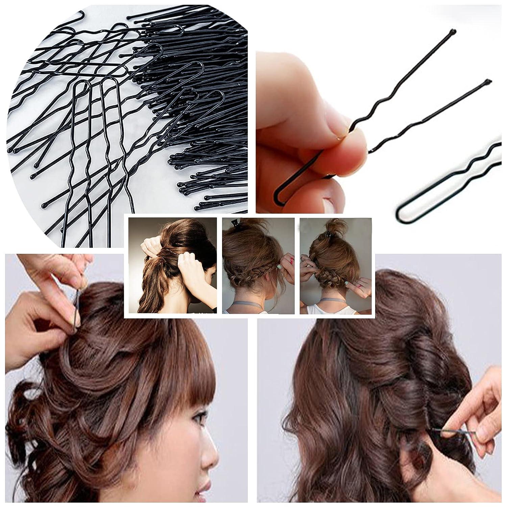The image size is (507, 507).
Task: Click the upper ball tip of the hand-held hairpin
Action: (x=454, y=32)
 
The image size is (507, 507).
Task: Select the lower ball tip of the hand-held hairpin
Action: (x=487, y=81)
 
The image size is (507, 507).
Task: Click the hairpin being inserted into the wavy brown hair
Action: (x=451, y=431)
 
